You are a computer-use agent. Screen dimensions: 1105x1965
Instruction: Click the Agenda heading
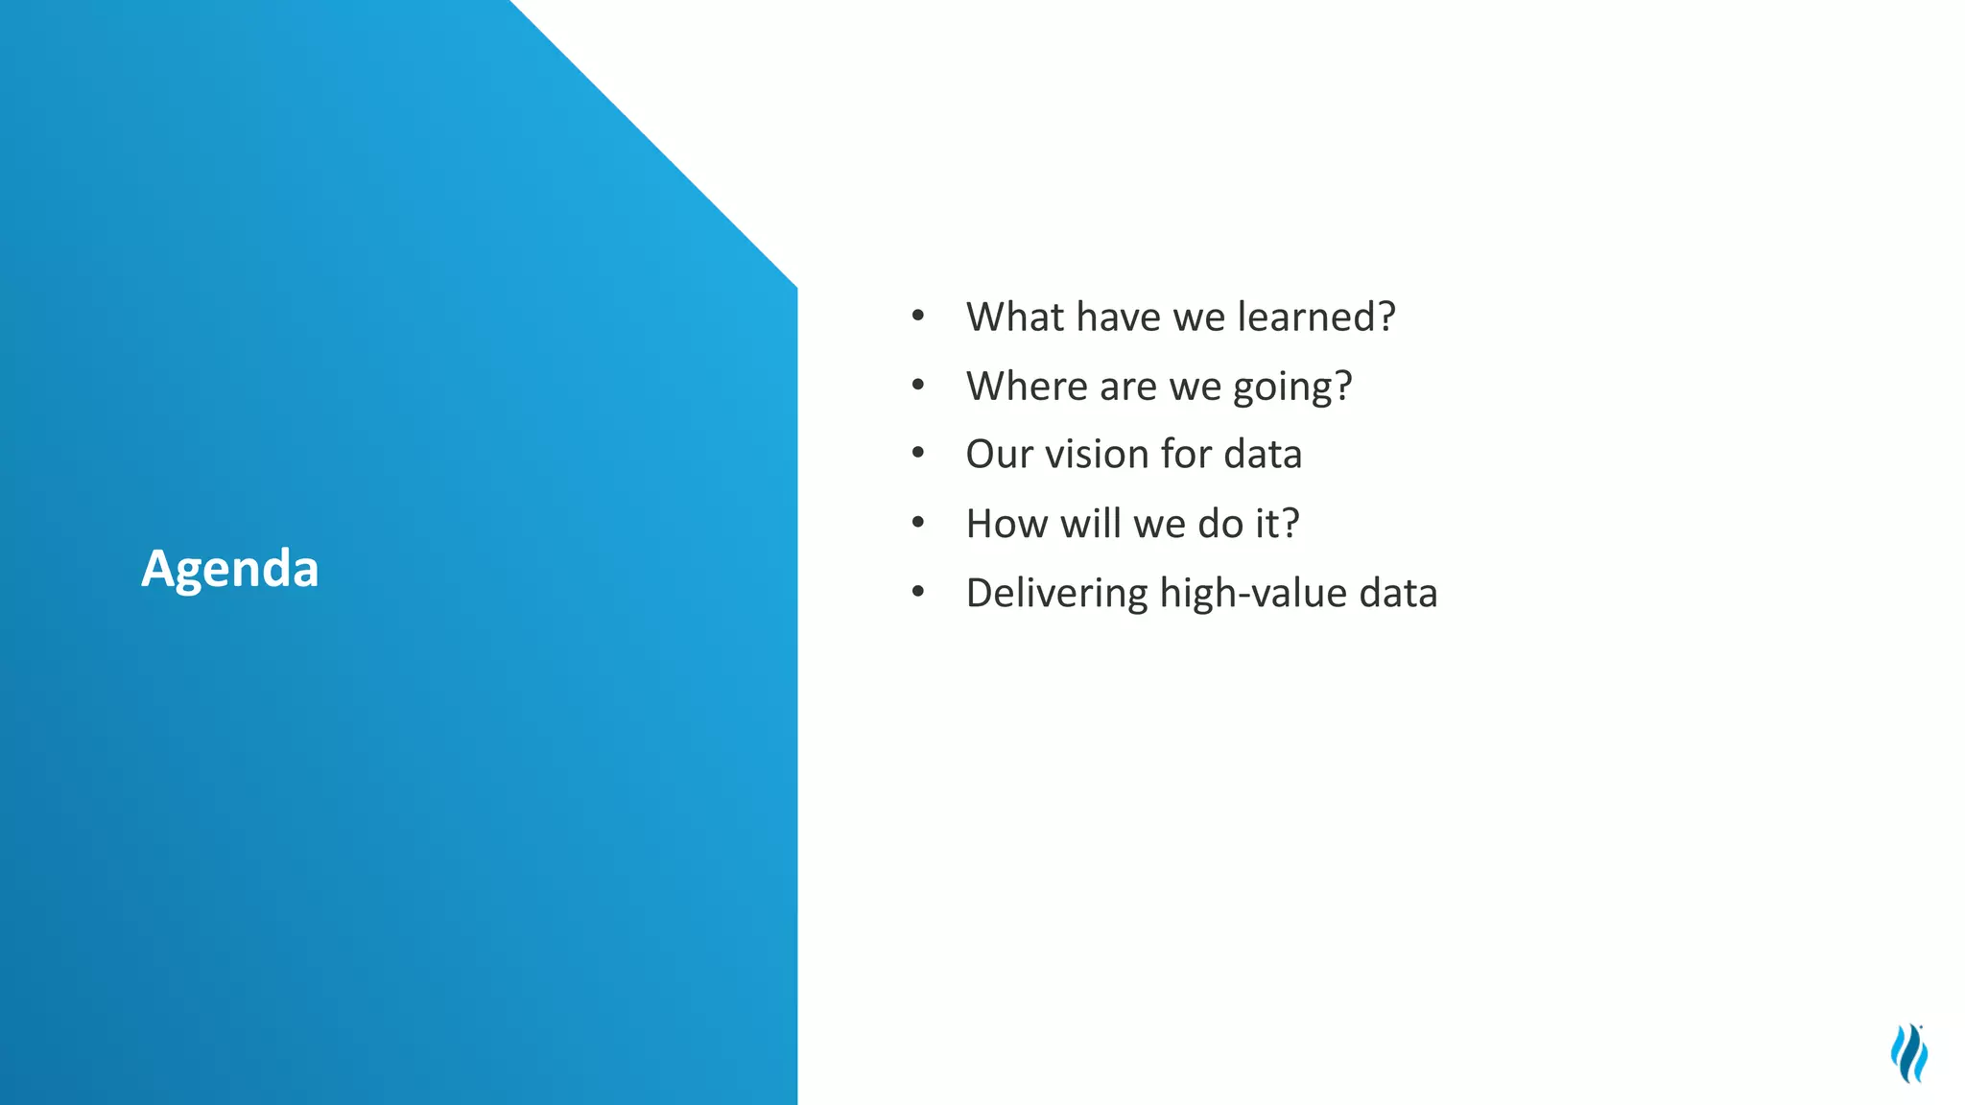(x=230, y=569)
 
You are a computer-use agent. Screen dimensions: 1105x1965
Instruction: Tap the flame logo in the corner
(x=1909, y=1053)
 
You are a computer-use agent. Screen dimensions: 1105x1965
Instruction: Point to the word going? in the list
(x=1292, y=388)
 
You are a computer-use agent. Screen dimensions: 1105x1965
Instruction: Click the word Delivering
(x=1056, y=594)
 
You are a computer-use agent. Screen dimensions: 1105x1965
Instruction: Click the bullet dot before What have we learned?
(x=918, y=316)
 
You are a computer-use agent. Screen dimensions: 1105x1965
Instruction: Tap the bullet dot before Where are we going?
(x=918, y=385)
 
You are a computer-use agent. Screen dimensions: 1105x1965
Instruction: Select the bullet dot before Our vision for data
(x=918, y=453)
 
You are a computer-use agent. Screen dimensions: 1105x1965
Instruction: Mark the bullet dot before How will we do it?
(x=918, y=523)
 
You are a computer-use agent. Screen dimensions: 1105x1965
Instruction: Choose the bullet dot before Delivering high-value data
(x=918, y=592)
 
